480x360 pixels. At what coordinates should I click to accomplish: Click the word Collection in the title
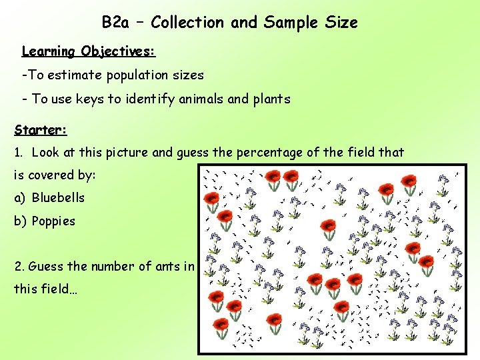(188, 23)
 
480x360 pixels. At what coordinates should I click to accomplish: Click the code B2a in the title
(115, 23)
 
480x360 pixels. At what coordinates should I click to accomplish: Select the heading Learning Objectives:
(89, 51)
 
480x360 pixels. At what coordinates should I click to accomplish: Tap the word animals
(200, 99)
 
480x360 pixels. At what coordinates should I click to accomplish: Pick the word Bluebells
(58, 198)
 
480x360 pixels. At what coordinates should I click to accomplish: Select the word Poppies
(53, 221)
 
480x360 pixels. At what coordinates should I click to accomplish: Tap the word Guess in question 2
(45, 267)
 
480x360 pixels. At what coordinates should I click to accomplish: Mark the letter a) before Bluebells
(20, 198)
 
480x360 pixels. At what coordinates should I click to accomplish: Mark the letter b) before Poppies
(20, 221)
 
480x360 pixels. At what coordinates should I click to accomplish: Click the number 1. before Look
(19, 152)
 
